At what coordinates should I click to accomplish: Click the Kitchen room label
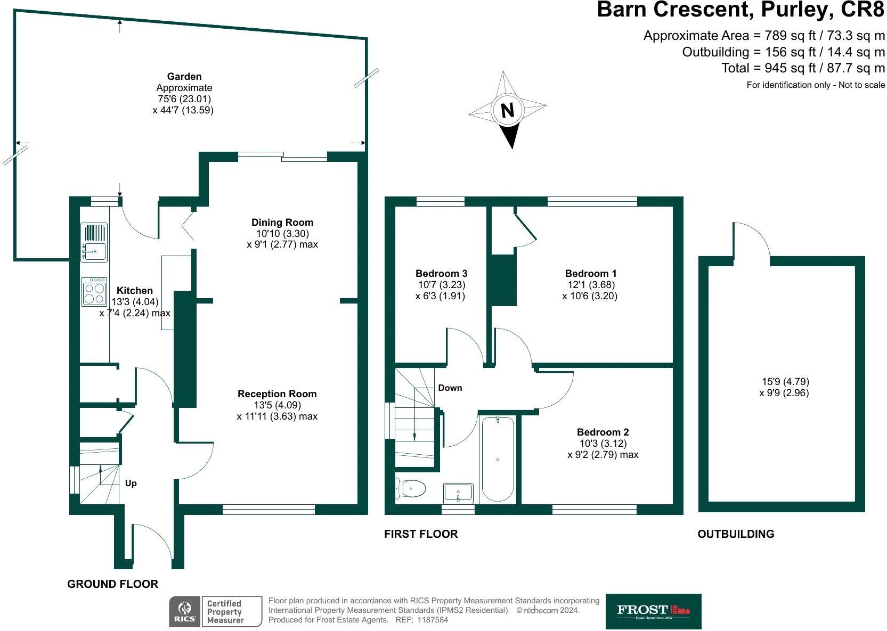pos(134,290)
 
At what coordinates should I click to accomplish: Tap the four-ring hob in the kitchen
pos(94,292)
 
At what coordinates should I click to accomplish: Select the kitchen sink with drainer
pos(94,242)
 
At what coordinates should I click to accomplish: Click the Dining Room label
pos(282,223)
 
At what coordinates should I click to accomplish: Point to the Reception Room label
pos(277,394)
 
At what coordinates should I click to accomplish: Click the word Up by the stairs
pos(131,483)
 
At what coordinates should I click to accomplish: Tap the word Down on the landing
pos(450,388)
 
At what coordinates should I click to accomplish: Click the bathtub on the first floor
pos(498,459)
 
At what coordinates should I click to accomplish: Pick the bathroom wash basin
pos(458,493)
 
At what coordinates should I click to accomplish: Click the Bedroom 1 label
pos(590,274)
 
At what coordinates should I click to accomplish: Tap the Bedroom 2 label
pos(603,432)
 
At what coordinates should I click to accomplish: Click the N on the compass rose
pos(507,110)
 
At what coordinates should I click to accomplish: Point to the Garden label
pos(184,77)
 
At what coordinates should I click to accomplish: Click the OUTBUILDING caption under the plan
pos(735,534)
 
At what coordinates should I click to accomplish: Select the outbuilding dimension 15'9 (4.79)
pos(785,382)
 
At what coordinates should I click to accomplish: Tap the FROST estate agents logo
pos(653,611)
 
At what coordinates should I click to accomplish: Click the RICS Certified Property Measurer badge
pos(216,611)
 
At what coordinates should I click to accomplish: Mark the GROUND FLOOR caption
pos(112,584)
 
